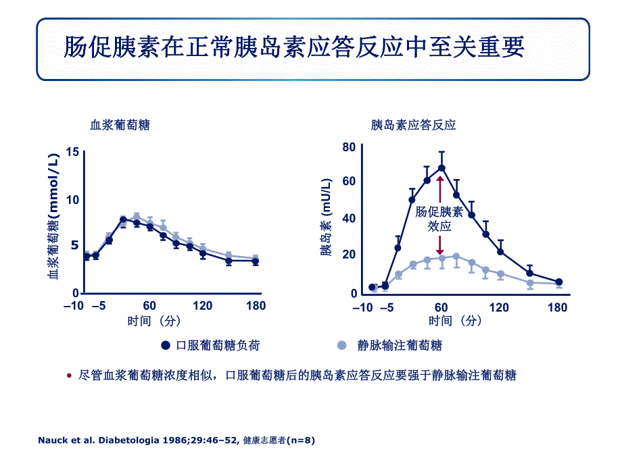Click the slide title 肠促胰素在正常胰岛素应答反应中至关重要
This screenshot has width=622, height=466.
[294, 49]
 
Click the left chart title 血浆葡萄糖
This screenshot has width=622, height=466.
[120, 125]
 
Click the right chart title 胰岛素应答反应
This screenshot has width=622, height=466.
[414, 125]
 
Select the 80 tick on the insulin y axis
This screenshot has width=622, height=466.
[349, 147]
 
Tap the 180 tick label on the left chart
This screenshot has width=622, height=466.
[256, 306]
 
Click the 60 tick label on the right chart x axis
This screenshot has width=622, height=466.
[441, 307]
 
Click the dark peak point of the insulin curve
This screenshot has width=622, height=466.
[441, 167]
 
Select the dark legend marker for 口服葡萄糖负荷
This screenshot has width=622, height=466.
[165, 345]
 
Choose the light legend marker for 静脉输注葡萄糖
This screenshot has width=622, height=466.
[342, 345]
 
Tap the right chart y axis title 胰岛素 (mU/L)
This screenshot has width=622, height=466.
[327, 217]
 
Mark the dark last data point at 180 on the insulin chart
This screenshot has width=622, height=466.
[558, 282]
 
